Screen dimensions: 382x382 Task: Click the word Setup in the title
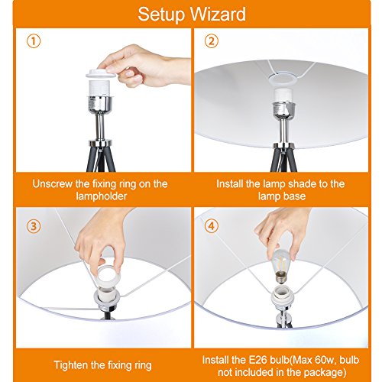tap(161, 15)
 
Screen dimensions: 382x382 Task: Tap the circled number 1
tap(34, 41)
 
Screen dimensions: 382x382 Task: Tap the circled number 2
tap(212, 41)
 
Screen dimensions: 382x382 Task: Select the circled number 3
tap(34, 226)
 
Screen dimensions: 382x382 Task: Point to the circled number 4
tap(212, 226)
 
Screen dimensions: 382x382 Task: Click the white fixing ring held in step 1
tap(101, 73)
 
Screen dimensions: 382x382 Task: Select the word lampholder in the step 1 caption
tap(102, 196)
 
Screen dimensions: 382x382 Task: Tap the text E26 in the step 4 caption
tap(257, 360)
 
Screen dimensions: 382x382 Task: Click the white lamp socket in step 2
tap(283, 95)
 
